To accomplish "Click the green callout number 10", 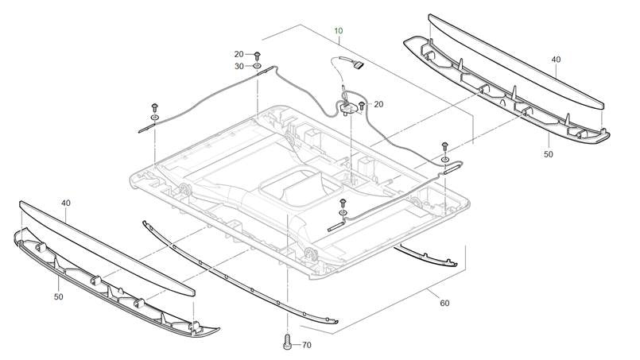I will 339,31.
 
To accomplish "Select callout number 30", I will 239,66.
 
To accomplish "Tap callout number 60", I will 444,303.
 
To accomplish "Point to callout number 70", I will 307,345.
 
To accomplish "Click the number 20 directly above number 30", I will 239,54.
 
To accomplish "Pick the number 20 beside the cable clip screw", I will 378,104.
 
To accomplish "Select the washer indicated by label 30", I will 258,67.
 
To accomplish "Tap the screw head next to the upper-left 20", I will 258,54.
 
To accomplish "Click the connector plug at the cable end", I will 355,66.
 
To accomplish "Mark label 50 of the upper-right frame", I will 548,154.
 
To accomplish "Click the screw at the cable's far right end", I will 444,145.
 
